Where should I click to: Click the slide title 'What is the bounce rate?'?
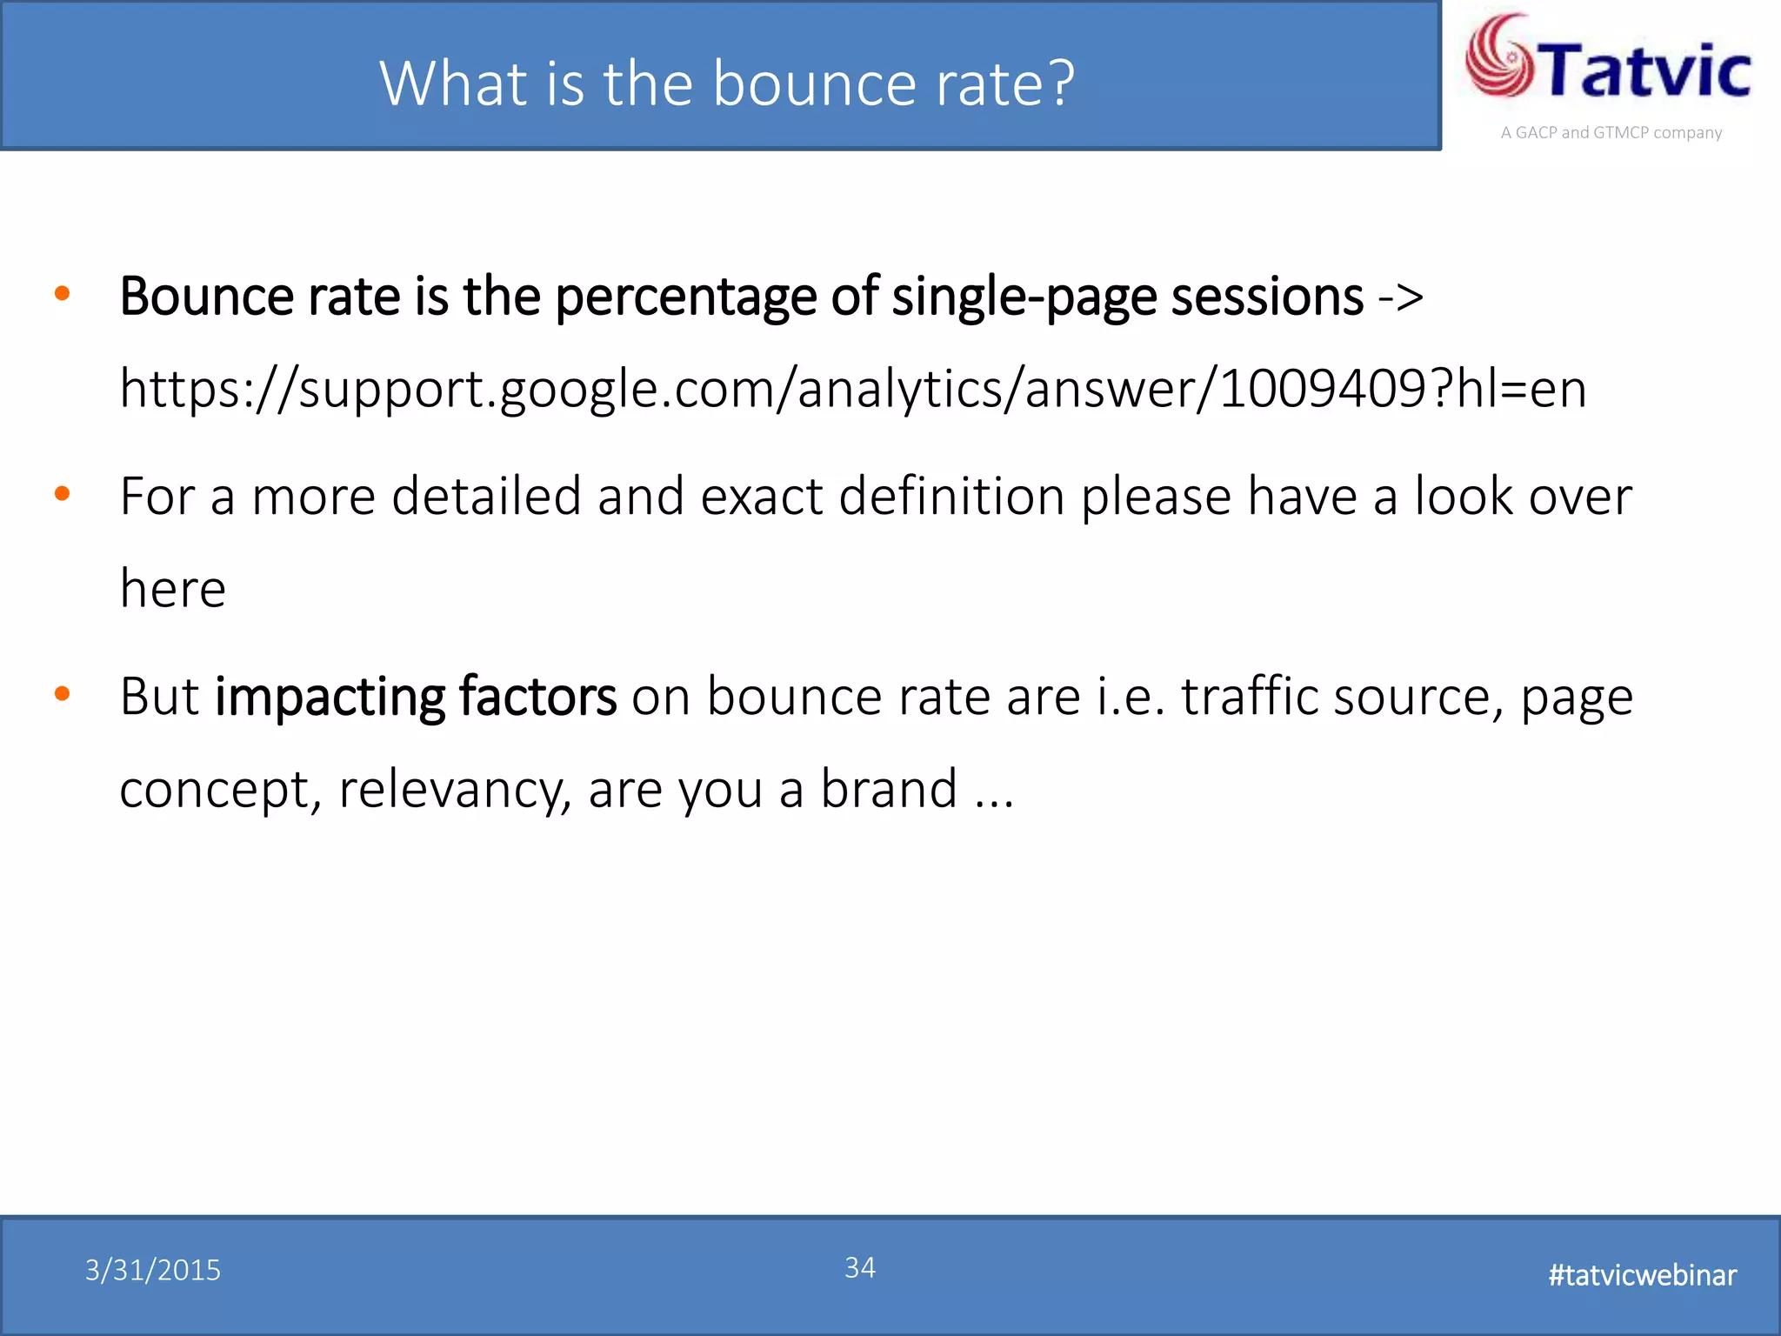tap(727, 83)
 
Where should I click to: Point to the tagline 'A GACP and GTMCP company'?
tap(1611, 133)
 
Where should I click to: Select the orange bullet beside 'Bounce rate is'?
tap(62, 294)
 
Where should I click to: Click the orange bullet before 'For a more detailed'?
tap(62, 494)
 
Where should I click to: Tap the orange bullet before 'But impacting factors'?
tap(62, 694)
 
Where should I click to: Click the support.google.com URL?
tap(852, 388)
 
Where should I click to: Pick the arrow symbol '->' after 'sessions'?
tap(1400, 297)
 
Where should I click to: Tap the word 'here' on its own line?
tap(172, 589)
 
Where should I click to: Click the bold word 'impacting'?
tap(329, 698)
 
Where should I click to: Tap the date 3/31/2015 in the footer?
tap(153, 1271)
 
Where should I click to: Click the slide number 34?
tap(860, 1267)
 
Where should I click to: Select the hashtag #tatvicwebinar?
tap(1642, 1275)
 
